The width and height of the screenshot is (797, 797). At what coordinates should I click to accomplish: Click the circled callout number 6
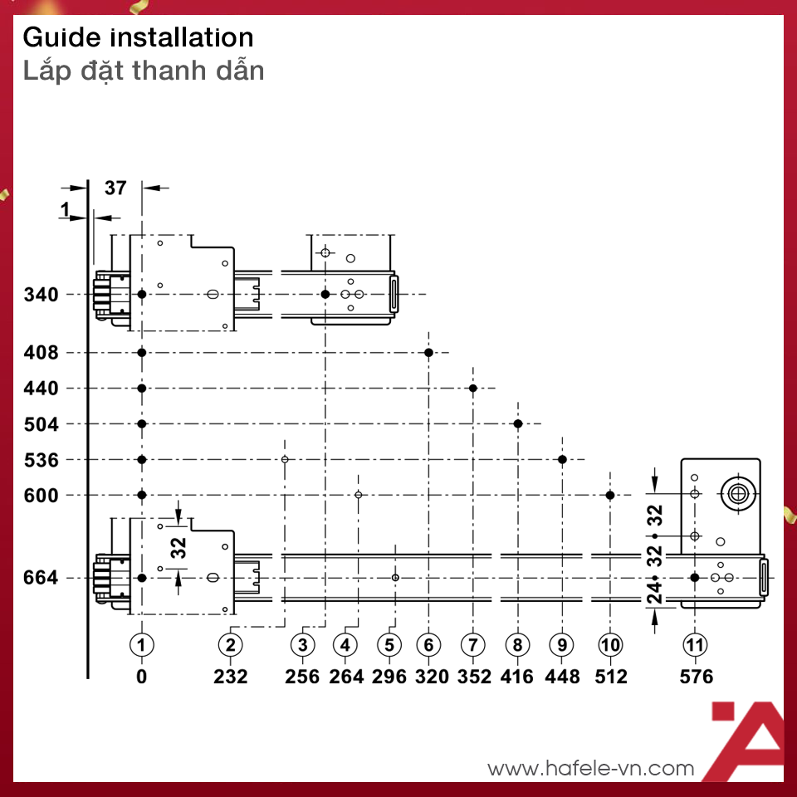pos(429,644)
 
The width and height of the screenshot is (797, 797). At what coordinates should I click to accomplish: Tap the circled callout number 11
pos(695,644)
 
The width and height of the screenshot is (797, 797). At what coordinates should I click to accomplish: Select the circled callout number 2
pos(230,644)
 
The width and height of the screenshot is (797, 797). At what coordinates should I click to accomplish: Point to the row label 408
pos(42,353)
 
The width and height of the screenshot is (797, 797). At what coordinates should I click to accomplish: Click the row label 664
pos(42,578)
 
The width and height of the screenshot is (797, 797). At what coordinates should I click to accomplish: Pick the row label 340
pos(42,295)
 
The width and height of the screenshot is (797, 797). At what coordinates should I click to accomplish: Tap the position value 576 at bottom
pos(696,677)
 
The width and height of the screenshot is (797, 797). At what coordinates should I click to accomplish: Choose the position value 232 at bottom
pos(230,677)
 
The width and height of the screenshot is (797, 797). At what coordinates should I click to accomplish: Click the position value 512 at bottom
pos(611,677)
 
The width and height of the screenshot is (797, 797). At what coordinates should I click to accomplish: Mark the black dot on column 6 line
pos(429,353)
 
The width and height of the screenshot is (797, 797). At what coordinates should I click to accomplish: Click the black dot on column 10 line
pos(610,496)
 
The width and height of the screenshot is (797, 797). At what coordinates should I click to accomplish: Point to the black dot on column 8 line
pos(518,424)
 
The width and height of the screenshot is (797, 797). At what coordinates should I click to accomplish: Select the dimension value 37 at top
pos(115,188)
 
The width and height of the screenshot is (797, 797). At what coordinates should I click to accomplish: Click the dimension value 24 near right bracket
pos(655,593)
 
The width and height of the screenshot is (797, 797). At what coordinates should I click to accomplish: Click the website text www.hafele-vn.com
pos(590,769)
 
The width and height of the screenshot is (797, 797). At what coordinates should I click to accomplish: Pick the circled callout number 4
pos(346,644)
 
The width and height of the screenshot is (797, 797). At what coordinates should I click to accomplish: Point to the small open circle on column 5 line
pos(396,578)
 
